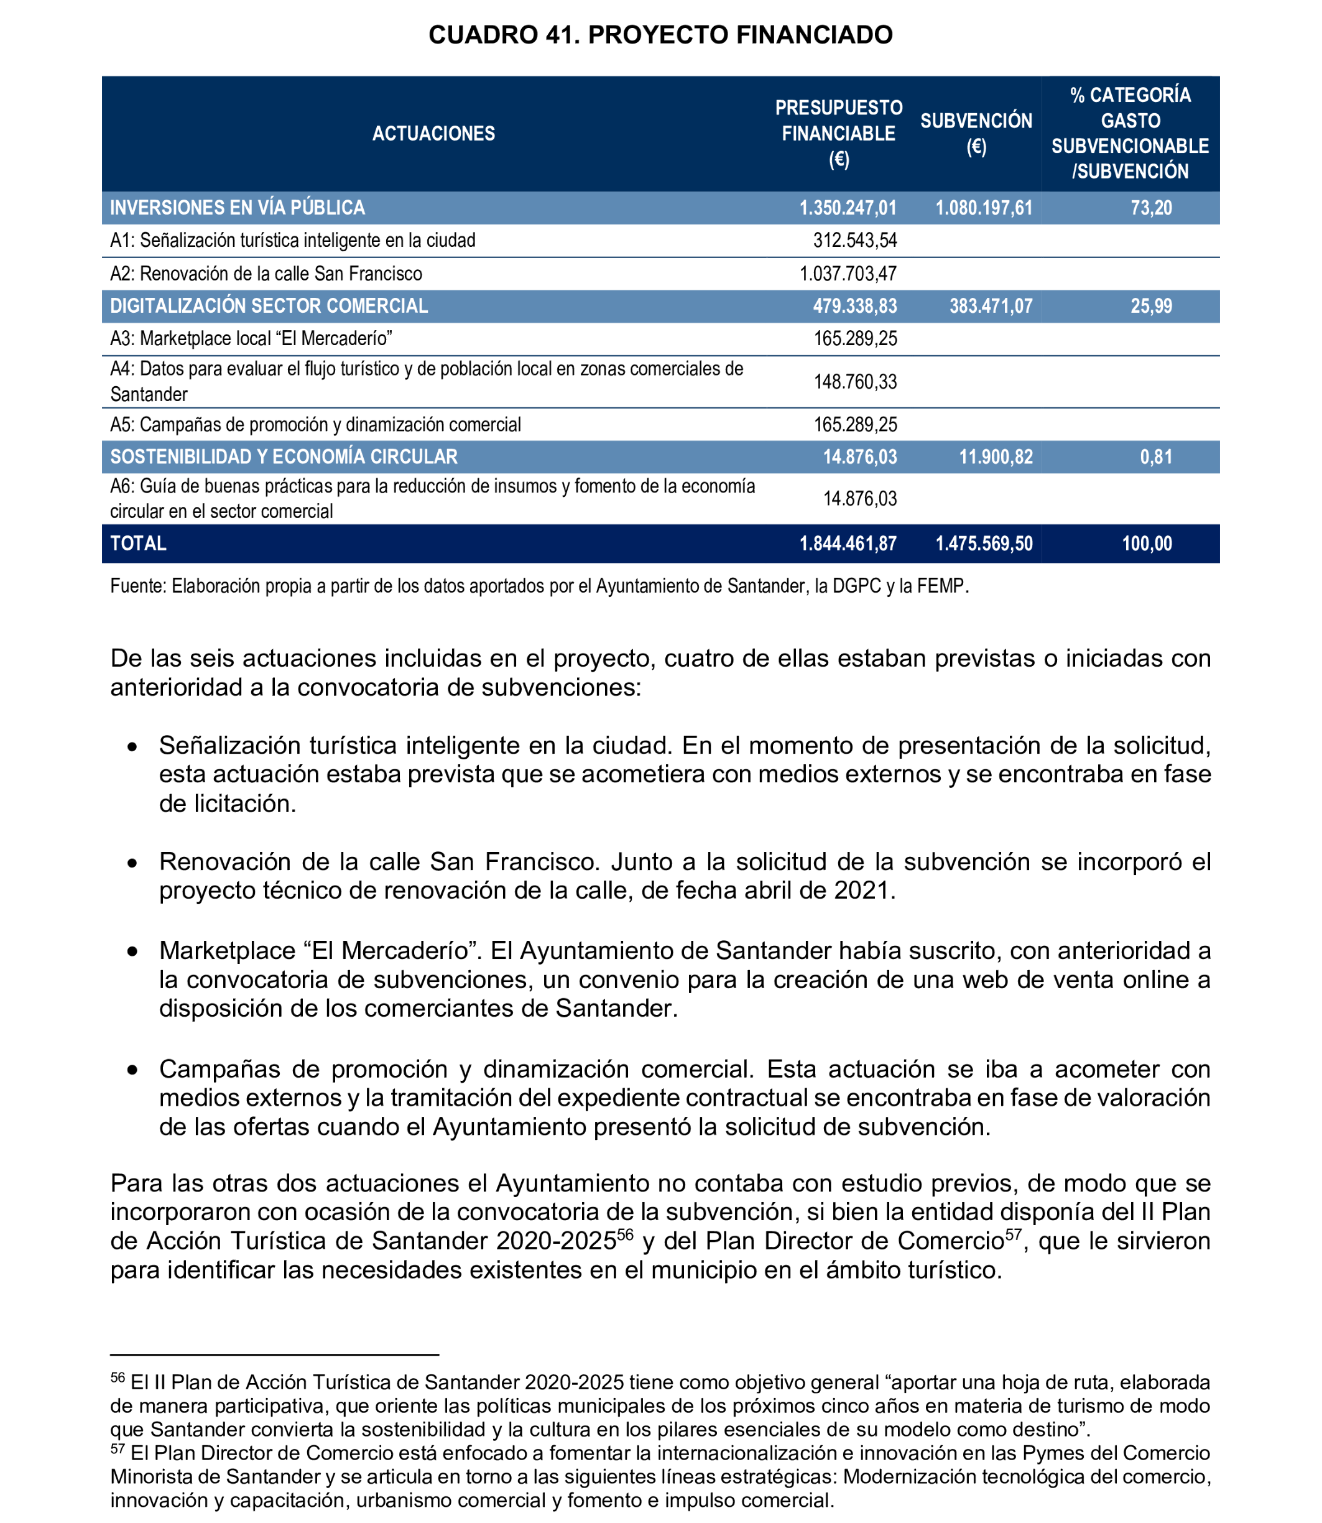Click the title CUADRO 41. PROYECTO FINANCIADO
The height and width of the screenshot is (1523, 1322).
[660, 35]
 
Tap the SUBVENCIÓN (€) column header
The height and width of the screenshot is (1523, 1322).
[976, 134]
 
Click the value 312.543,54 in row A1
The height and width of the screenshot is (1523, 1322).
[855, 241]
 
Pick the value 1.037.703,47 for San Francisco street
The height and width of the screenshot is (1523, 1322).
[848, 274]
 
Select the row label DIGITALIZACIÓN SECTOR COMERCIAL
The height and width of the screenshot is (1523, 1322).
[269, 306]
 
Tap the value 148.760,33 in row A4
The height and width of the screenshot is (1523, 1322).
[855, 381]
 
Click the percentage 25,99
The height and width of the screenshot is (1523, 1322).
[1151, 306]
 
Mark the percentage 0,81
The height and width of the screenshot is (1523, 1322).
[1156, 456]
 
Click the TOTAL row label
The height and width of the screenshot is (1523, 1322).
[138, 544]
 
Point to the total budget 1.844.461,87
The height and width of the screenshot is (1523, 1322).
[848, 544]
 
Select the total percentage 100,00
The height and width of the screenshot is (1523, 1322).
[1147, 544]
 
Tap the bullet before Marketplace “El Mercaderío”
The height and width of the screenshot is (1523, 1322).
[132, 952]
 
